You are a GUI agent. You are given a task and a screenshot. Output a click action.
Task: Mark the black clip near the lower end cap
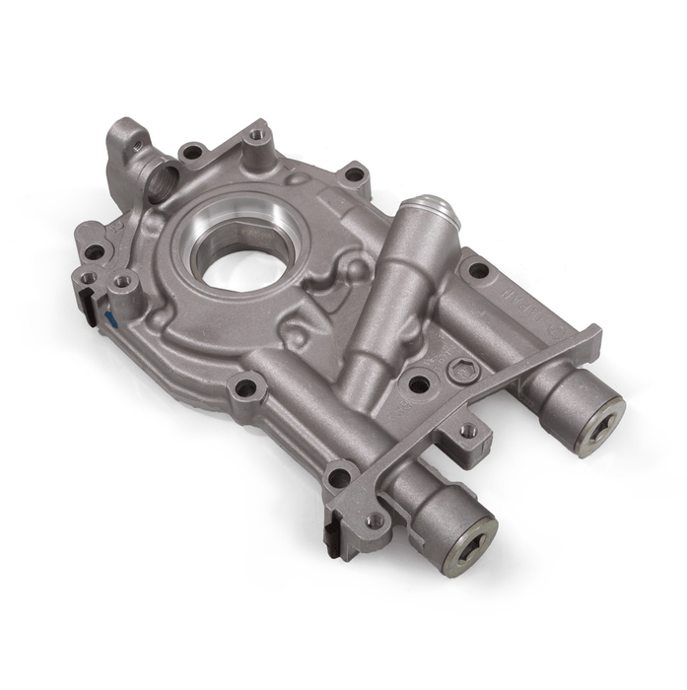(331, 538)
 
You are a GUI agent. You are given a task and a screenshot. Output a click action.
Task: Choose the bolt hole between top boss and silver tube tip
(352, 175)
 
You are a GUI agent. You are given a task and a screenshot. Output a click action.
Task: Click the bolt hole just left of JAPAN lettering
(478, 269)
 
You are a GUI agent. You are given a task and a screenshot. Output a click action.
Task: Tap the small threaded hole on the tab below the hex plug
(469, 431)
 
